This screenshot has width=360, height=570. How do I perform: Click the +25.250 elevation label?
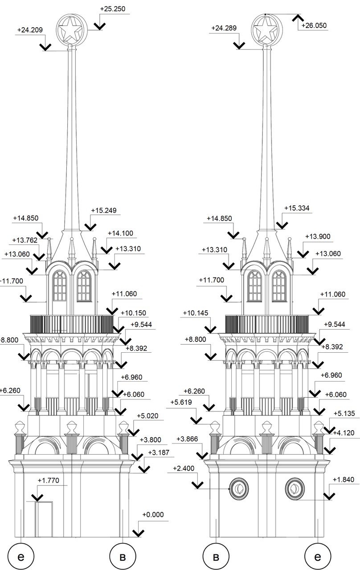pos(113,9)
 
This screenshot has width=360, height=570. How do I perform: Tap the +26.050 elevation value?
pos(314,25)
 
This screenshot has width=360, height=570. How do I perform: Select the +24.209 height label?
pos(30,30)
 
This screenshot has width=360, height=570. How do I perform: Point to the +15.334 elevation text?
pos(297,208)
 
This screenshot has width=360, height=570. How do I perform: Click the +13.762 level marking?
pos(25,240)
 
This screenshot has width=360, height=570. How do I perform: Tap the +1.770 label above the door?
pos(49,480)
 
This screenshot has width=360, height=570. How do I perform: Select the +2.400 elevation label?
pos(184,468)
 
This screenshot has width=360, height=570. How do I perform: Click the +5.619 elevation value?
pos(181,402)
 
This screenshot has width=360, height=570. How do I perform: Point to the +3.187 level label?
pos(159,452)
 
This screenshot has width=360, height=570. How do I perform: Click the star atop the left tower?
pos(72,30)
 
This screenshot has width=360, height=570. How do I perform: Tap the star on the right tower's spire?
pos(267,29)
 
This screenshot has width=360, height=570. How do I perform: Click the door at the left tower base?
pos(44,519)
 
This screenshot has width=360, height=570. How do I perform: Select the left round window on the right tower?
pos(239,489)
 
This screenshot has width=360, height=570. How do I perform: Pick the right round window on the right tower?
pos(295,489)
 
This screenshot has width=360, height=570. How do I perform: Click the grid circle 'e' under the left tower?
pos(21,557)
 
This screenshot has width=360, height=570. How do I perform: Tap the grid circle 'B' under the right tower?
pos(216,557)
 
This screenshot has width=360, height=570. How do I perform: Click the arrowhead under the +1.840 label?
pos(329,496)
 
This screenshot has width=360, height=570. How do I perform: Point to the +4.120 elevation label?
pos(344,433)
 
